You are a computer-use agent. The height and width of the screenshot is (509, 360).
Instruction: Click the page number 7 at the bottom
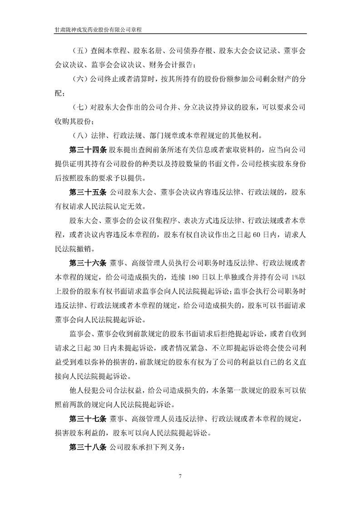coord(180,476)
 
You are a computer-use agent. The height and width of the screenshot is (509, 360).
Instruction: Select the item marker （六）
coord(80,80)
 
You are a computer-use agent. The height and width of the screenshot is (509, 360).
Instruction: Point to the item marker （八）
coord(80,136)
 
